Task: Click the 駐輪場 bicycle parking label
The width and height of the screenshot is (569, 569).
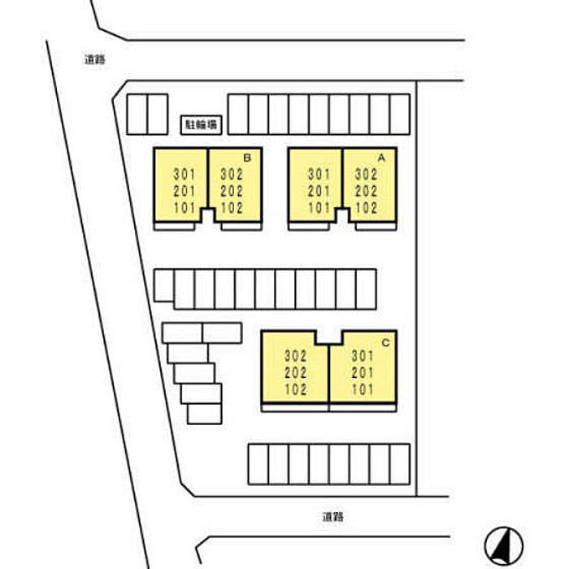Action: [200, 124]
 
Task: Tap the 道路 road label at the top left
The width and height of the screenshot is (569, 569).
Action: [95, 59]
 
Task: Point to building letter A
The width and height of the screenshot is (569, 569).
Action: [380, 156]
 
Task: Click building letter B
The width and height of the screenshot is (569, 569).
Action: [246, 156]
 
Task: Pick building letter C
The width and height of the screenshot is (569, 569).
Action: [385, 342]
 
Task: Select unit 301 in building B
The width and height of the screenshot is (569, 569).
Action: [185, 174]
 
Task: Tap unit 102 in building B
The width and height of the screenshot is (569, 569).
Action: [232, 207]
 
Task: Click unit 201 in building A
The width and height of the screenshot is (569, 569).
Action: [319, 190]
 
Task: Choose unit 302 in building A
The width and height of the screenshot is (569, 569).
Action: [367, 174]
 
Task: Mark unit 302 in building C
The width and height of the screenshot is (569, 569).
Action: [295, 356]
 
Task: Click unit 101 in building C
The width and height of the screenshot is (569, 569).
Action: [362, 389]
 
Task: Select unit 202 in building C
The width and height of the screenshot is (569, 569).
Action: [295, 372]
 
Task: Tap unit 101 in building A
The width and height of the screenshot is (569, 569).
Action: [319, 207]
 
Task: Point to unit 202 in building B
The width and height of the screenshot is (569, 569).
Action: [232, 190]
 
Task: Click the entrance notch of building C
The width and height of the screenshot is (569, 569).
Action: [328, 337]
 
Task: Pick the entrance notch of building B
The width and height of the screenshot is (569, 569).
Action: [209, 215]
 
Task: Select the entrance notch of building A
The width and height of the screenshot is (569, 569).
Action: [343, 215]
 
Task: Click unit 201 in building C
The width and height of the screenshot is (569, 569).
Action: [362, 372]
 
